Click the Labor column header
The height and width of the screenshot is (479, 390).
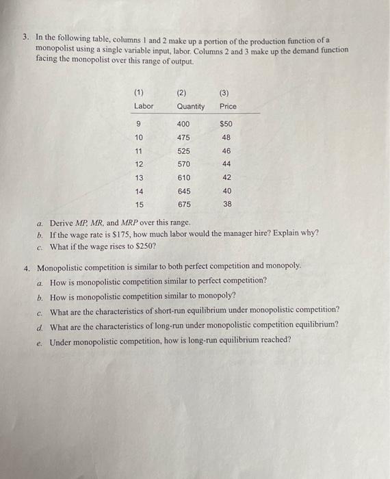click(144, 106)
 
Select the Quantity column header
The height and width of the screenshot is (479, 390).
click(190, 106)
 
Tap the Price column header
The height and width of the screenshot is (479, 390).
click(228, 106)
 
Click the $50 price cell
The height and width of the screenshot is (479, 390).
click(226, 124)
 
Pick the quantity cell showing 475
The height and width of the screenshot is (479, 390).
click(183, 137)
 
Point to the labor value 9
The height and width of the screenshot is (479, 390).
click(139, 124)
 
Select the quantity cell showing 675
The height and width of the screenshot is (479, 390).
click(183, 204)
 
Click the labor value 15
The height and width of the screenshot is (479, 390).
click(139, 204)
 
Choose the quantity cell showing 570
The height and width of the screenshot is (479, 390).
click(183, 164)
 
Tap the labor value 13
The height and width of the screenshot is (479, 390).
click(139, 177)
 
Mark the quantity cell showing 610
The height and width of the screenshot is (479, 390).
click(183, 177)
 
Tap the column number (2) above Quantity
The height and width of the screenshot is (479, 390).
click(181, 91)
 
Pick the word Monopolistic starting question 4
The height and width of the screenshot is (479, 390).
click(60, 267)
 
